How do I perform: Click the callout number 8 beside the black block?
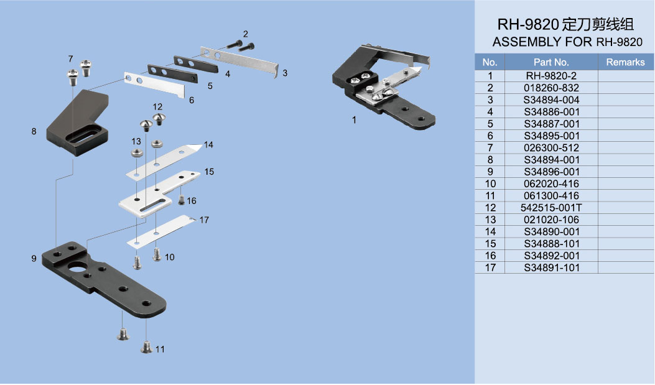tap(34, 131)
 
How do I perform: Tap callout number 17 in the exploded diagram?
tap(204, 220)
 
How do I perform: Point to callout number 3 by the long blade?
tap(284, 73)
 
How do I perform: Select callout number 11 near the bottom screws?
tap(160, 350)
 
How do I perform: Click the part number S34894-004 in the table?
tap(551, 100)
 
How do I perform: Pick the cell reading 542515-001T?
tap(551, 208)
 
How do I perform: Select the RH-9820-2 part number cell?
tap(551, 75)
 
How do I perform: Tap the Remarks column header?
tap(625, 62)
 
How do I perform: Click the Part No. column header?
tap(551, 62)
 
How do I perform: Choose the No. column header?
tap(490, 62)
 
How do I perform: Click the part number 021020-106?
tap(551, 220)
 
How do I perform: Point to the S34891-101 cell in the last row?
tap(551, 268)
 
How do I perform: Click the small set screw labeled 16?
tap(181, 200)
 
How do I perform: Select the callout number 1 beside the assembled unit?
tap(354, 120)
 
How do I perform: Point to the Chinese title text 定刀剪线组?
tap(598, 26)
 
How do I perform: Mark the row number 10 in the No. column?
tap(490, 183)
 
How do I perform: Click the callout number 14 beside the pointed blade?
tap(208, 145)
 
